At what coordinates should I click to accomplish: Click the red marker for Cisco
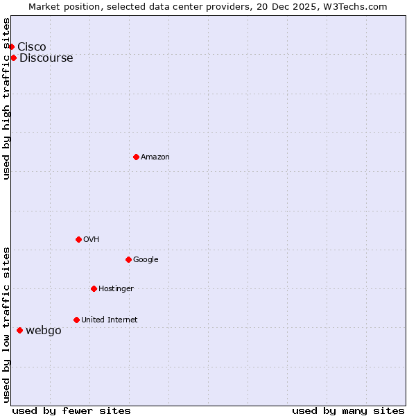[12, 46]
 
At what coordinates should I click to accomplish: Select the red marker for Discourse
[13, 58]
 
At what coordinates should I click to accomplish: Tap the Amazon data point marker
[136, 157]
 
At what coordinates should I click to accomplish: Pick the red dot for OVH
[78, 239]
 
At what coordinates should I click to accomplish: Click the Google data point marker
[128, 259]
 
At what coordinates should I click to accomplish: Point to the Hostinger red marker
[94, 288]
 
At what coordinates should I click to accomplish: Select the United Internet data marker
[76, 320]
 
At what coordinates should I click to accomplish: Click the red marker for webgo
[19, 330]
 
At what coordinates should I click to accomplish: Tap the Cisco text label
[32, 46]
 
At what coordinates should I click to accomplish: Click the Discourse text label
[46, 58]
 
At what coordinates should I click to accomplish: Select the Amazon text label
[155, 157]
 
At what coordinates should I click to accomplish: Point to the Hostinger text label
[116, 288]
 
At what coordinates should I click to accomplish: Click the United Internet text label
[110, 320]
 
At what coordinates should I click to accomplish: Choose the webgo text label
[44, 330]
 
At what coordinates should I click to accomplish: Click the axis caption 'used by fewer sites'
[71, 410]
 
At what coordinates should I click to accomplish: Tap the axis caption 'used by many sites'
[348, 410]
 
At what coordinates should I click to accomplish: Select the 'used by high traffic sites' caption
[7, 98]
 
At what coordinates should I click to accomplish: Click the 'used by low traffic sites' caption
[7, 324]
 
